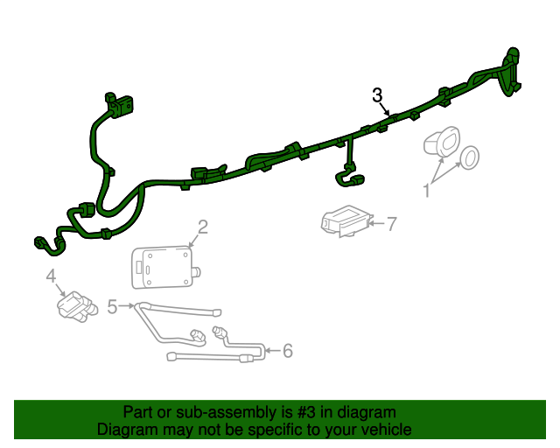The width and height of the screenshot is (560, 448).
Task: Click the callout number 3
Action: [378, 94]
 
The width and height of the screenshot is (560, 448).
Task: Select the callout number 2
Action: [202, 228]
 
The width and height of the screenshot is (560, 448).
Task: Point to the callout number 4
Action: [51, 277]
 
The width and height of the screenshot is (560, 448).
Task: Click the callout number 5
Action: [112, 306]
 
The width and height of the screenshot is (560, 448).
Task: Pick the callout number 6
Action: [287, 351]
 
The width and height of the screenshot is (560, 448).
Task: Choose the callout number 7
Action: [392, 224]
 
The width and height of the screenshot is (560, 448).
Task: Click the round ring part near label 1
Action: [469, 157]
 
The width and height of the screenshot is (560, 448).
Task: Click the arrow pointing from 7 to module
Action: [376, 224]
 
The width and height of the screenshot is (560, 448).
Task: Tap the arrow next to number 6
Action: [271, 351]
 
